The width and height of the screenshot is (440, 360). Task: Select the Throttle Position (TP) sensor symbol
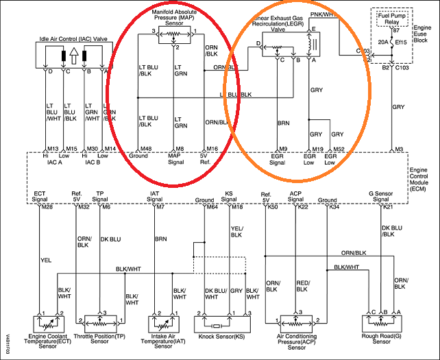100,321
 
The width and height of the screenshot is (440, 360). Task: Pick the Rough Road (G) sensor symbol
382,321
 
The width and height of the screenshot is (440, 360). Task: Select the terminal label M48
144,148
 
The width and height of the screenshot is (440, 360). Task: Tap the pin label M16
212,148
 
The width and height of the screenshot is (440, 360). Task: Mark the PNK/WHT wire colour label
322,14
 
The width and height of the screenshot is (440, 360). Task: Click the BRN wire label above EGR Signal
284,123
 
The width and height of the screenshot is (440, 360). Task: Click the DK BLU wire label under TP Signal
111,240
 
